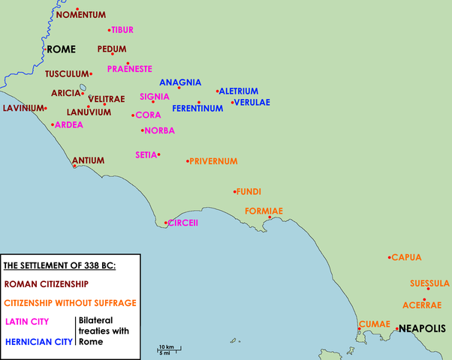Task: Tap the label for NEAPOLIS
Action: tap(422, 328)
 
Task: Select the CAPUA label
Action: tap(407, 257)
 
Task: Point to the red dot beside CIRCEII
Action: tap(166, 222)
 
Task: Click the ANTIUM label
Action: tap(88, 160)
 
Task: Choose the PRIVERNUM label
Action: tap(213, 161)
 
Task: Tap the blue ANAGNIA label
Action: tap(180, 82)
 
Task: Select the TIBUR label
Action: tap(122, 29)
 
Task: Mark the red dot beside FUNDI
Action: tap(235, 190)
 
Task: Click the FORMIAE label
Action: tap(264, 211)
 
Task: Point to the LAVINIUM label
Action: tap(23, 108)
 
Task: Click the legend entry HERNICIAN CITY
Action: tap(38, 341)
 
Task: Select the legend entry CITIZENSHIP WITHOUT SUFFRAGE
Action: tap(70, 303)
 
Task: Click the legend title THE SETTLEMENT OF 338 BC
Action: tap(60, 265)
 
